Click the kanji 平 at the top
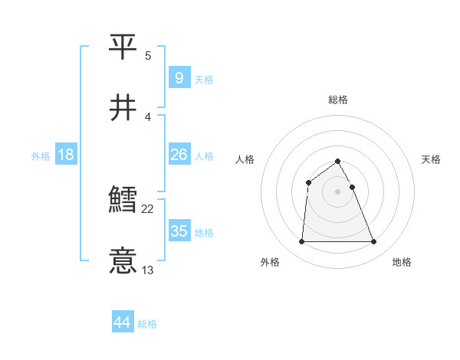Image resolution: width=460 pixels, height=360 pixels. pyautogui.click(x=123, y=47)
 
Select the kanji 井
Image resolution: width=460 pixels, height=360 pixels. pyautogui.click(x=123, y=108)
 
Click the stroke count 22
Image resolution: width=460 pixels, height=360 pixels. pyautogui.click(x=148, y=208)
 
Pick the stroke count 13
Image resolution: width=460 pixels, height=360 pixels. pyautogui.click(x=148, y=270)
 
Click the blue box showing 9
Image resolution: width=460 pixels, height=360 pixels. pyautogui.click(x=179, y=77)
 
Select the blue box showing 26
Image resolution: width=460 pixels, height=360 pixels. pyautogui.click(x=179, y=155)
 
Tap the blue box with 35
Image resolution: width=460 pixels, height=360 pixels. pyautogui.click(x=179, y=231)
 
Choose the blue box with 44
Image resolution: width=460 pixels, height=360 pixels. pyautogui.click(x=123, y=322)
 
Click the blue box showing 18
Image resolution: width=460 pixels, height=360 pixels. pyautogui.click(x=66, y=155)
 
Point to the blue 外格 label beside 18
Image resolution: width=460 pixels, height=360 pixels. pyautogui.click(x=41, y=156)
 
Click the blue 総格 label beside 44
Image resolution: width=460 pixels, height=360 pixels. pyautogui.click(x=147, y=324)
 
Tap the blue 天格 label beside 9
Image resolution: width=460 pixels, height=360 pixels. pyautogui.click(x=204, y=79)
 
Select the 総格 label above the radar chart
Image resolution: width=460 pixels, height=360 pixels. pyautogui.click(x=338, y=100)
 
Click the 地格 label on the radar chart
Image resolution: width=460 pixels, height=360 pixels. pyautogui.click(x=402, y=262)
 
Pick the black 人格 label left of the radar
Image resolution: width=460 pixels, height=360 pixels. pyautogui.click(x=245, y=159)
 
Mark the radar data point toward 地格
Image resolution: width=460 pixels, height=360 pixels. pyautogui.click(x=374, y=242)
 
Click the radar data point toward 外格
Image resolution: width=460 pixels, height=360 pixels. pyautogui.click(x=301, y=242)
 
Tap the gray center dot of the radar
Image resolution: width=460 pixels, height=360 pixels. pyautogui.click(x=338, y=191)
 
